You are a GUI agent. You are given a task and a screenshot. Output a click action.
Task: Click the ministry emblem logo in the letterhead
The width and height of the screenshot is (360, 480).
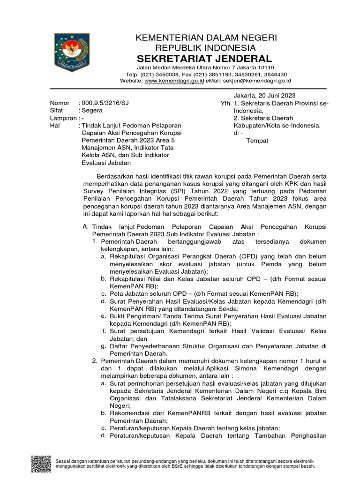click(x=72, y=52)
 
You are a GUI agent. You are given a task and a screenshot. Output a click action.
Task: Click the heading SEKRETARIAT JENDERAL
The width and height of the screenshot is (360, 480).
click(x=204, y=59)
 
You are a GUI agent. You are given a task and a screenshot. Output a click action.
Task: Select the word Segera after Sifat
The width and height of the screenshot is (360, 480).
click(x=93, y=110)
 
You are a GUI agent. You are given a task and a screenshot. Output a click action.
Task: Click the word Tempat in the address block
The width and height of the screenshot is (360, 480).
click(x=257, y=141)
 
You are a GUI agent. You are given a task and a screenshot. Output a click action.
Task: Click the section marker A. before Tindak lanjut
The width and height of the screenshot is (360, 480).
click(x=85, y=226)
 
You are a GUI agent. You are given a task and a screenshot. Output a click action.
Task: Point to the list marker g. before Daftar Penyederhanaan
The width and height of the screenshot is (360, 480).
click(x=103, y=346)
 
